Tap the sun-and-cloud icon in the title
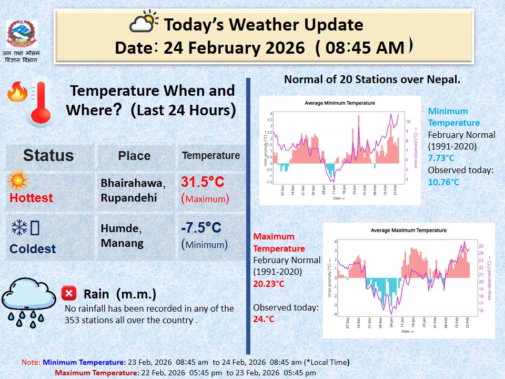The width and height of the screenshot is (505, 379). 144,23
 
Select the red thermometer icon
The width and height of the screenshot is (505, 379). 40,102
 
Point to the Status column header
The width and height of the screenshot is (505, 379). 48,155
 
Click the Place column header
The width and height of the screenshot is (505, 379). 134,156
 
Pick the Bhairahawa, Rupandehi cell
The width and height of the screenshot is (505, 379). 133,189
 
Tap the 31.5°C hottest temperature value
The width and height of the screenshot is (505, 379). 203,182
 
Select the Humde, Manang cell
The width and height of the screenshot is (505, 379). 122,235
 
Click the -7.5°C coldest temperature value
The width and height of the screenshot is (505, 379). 201,228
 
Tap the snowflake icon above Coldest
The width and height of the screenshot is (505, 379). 19,228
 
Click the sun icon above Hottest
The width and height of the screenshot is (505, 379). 18,181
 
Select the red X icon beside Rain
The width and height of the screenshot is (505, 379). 68,293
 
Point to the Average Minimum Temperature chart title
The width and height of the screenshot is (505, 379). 340,103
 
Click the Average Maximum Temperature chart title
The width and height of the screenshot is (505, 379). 408,230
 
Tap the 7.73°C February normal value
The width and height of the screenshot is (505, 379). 441,158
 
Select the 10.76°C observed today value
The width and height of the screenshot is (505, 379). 443,182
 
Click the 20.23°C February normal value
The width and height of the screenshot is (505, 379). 269,284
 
